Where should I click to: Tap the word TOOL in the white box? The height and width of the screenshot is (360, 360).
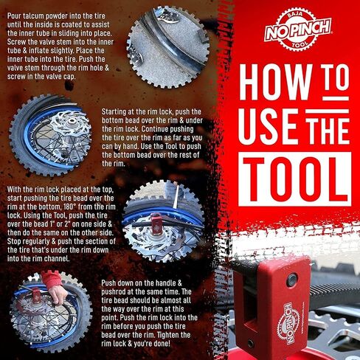coord(295,179)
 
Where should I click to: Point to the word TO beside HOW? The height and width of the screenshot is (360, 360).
coord(336,78)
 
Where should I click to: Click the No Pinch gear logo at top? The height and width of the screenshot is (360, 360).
coord(298,29)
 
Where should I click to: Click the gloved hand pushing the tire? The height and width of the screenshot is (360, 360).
coord(54,286)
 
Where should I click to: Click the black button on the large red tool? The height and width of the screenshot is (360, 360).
coord(291,280)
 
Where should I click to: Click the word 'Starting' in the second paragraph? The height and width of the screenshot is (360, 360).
coord(114,111)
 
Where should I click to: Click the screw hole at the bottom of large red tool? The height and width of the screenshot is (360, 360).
coord(250,342)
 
